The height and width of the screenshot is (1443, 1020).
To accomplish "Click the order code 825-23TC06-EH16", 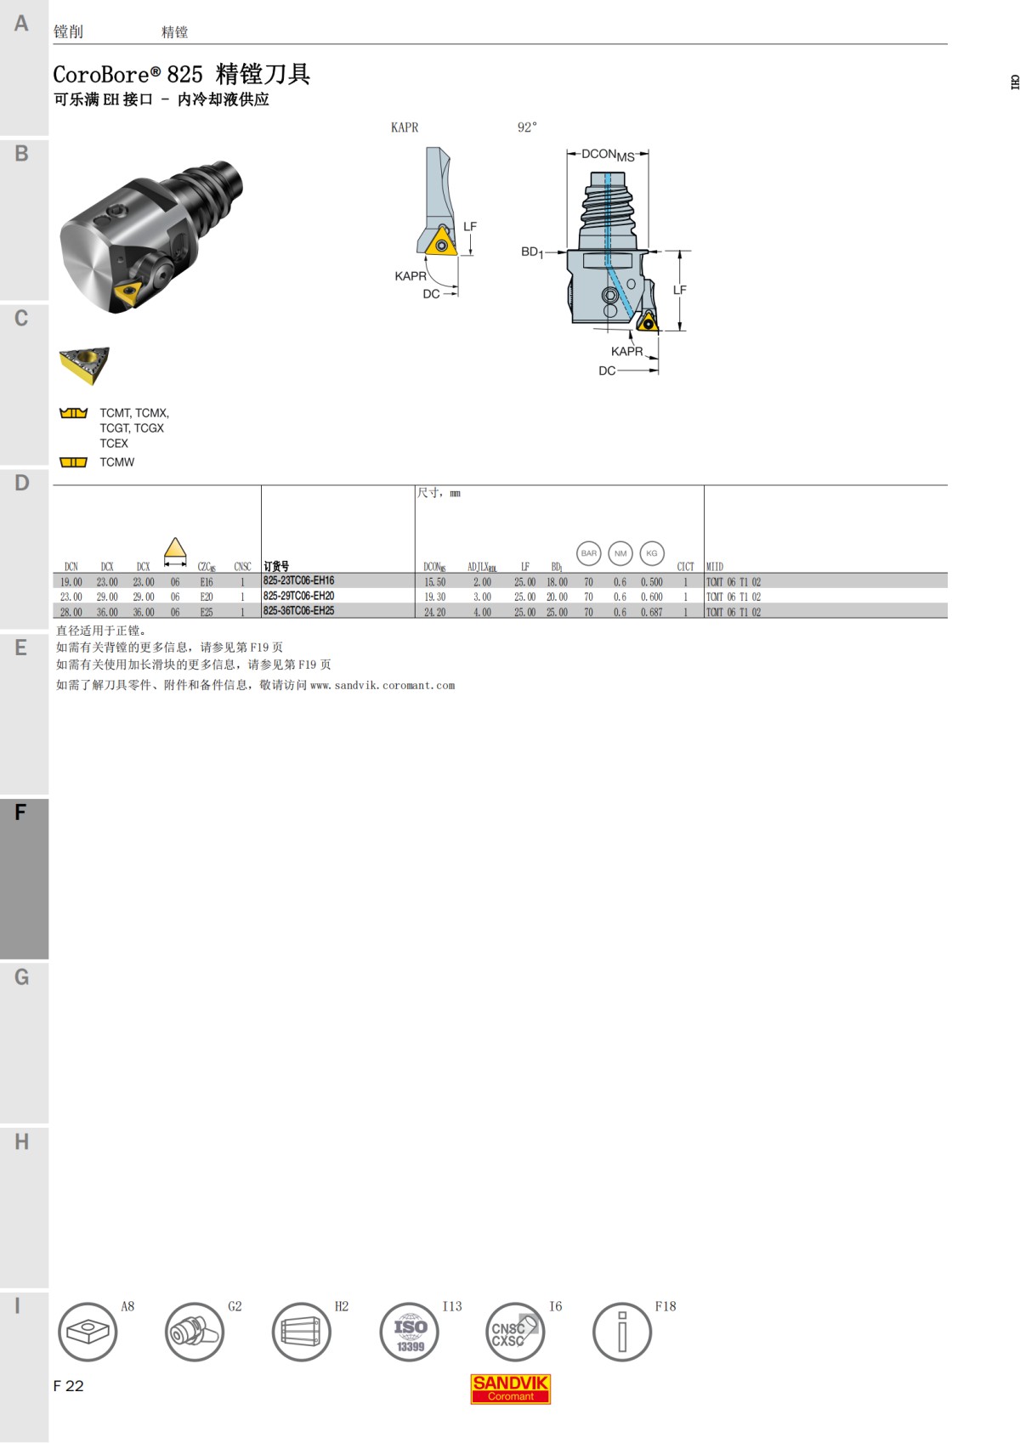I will click(x=298, y=581).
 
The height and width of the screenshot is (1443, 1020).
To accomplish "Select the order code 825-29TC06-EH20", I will click(x=298, y=596).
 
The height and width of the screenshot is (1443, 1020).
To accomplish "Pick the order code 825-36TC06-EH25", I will click(x=298, y=611).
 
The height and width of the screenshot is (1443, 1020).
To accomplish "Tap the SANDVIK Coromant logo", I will click(x=511, y=1389).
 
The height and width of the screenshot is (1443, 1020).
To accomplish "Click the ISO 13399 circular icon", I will click(x=409, y=1332).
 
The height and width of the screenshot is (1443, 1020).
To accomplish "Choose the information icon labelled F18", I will click(x=621, y=1332).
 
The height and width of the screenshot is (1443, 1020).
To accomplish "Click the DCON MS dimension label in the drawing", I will click(x=607, y=155).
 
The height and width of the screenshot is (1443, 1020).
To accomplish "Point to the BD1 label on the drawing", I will click(x=532, y=252).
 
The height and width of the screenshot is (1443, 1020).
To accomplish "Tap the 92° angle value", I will click(x=527, y=127).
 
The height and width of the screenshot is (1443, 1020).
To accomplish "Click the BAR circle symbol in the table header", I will click(x=589, y=553).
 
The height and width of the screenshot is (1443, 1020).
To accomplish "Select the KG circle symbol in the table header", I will click(x=652, y=553).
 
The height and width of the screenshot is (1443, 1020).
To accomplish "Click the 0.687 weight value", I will click(x=651, y=612).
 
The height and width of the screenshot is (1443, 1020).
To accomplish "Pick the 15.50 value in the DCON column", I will click(x=434, y=582).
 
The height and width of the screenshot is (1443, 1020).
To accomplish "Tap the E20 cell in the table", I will click(x=207, y=597).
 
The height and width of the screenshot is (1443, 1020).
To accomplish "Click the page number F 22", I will click(x=68, y=1386).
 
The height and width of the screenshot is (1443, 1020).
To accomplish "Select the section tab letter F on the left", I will click(x=20, y=812).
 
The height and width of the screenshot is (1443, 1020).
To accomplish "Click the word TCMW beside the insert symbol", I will click(x=116, y=462).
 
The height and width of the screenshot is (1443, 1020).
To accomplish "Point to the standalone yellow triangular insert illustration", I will click(x=84, y=365).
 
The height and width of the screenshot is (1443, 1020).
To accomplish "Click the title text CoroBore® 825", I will click(x=127, y=75).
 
